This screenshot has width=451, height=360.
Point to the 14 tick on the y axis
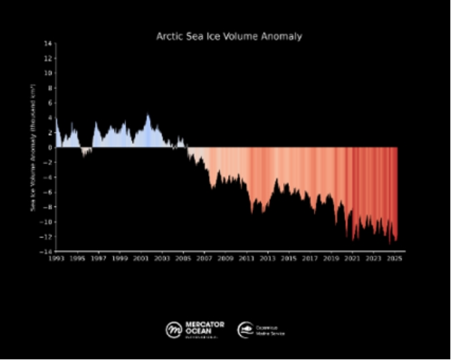click(x=49, y=43)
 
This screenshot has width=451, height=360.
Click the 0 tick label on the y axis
click(x=50, y=147)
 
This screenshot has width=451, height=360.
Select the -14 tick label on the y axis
click(x=48, y=252)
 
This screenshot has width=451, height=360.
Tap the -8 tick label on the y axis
click(x=49, y=207)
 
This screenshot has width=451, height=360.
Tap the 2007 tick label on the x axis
click(x=204, y=258)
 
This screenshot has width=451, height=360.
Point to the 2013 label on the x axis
click(x=268, y=258)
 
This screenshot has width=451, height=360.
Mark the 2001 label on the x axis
click(x=141, y=258)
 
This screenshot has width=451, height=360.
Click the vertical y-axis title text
click(x=33, y=147)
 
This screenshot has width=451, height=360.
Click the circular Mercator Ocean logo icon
click(x=174, y=329)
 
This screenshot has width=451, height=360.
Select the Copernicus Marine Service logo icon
click(x=247, y=329)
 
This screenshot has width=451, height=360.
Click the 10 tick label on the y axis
click(x=49, y=73)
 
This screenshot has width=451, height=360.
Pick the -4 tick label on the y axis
click(x=49, y=177)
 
